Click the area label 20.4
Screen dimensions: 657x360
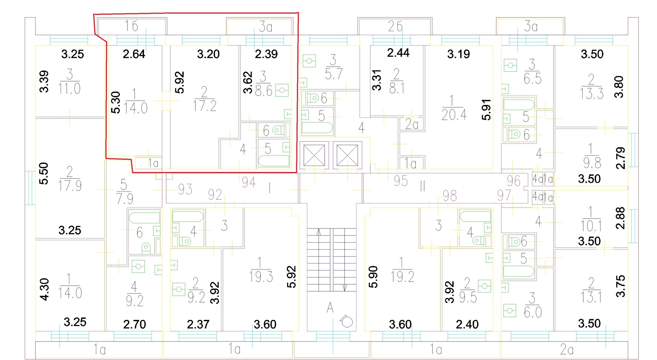pyautogui.click(x=454, y=115)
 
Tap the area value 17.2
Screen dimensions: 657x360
pyautogui.click(x=205, y=106)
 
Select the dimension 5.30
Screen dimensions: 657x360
pyautogui.click(x=115, y=102)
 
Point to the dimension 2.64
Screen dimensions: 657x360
pyautogui.click(x=134, y=54)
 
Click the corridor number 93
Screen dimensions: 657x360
pyautogui.click(x=185, y=189)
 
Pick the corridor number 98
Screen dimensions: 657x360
pyautogui.click(x=450, y=196)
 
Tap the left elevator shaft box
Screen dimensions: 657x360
pyautogui.click(x=314, y=155)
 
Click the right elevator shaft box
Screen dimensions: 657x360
pyautogui.click(x=347, y=155)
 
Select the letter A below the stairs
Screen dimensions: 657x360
pyautogui.click(x=330, y=308)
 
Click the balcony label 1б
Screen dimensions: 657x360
pyautogui.click(x=132, y=26)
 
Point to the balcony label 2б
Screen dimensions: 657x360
pyautogui.click(x=395, y=26)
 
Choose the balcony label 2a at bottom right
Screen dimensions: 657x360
pyautogui.click(x=567, y=349)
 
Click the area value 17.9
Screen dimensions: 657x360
pyautogui.click(x=70, y=186)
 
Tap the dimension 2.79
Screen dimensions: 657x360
pyautogui.click(x=621, y=158)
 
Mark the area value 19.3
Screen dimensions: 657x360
pyautogui.click(x=261, y=277)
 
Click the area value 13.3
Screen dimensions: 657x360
pyautogui.click(x=592, y=93)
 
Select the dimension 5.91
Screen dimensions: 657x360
pyautogui.click(x=486, y=110)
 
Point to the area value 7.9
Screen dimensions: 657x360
pyautogui.click(x=125, y=199)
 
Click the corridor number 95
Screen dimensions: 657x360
pyautogui.click(x=401, y=181)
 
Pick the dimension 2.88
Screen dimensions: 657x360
pyautogui.click(x=620, y=218)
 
